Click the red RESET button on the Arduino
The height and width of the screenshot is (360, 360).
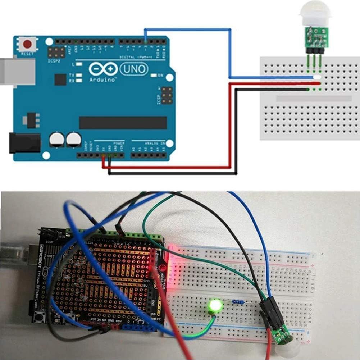[x=27, y=45]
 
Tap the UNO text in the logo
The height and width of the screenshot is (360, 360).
[x=134, y=68]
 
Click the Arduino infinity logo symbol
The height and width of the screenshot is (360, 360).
[x=103, y=68]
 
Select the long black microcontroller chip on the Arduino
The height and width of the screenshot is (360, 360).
[x=123, y=123]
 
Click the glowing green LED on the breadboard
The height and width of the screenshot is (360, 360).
[x=216, y=306]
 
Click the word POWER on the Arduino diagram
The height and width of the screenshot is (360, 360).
[x=119, y=143]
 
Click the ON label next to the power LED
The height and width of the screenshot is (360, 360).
[x=160, y=76]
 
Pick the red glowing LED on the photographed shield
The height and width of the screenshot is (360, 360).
[x=162, y=268]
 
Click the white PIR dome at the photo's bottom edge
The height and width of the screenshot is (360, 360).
[x=287, y=351]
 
